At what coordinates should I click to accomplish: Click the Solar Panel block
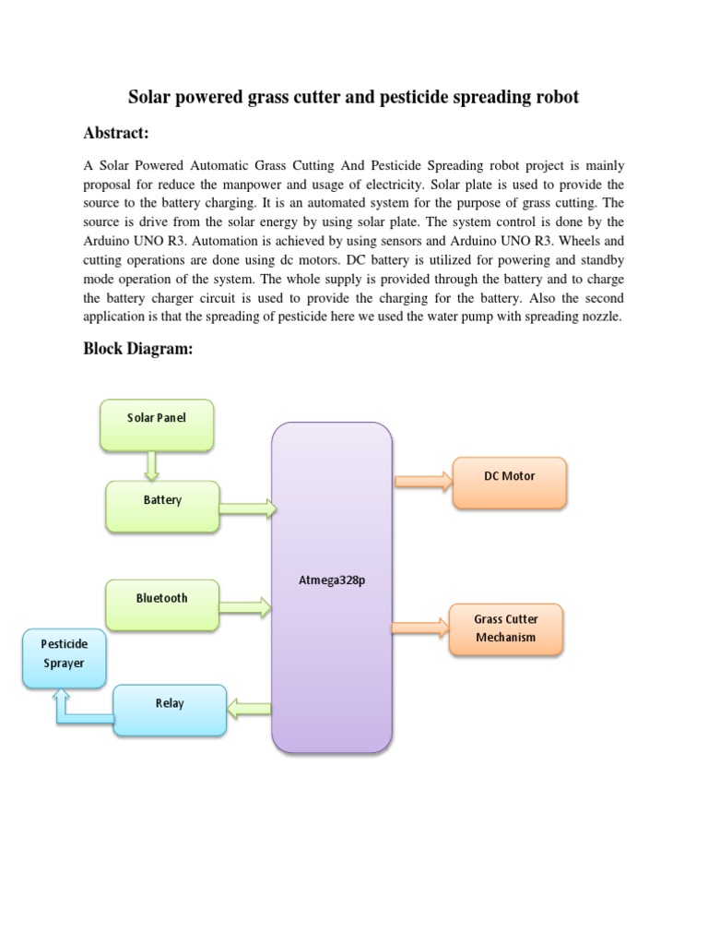pyautogui.click(x=157, y=425)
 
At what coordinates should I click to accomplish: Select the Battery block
pyautogui.click(x=162, y=505)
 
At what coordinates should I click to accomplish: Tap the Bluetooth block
pyautogui.click(x=162, y=604)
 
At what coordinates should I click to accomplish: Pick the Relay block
pyautogui.click(x=170, y=709)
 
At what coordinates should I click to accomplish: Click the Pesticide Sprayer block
pyautogui.click(x=63, y=658)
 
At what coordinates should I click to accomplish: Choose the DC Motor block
pyautogui.click(x=509, y=482)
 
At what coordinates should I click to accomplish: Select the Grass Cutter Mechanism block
pyautogui.click(x=505, y=628)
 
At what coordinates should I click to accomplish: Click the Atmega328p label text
pyautogui.click(x=332, y=581)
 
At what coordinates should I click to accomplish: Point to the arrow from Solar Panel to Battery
pyautogui.click(x=152, y=466)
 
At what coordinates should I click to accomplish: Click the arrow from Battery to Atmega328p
pyautogui.click(x=247, y=507)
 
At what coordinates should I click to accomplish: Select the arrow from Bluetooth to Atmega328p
pyautogui.click(x=246, y=606)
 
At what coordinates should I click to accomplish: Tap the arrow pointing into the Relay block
pyautogui.click(x=249, y=710)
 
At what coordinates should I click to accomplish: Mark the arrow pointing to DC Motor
pyautogui.click(x=424, y=479)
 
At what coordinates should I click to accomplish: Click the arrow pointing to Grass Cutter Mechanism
pyautogui.click(x=421, y=628)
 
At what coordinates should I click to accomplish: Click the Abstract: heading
pyautogui.click(x=115, y=134)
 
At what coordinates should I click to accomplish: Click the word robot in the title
pyautogui.click(x=555, y=97)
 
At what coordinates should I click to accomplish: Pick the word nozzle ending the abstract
pyautogui.click(x=602, y=317)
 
